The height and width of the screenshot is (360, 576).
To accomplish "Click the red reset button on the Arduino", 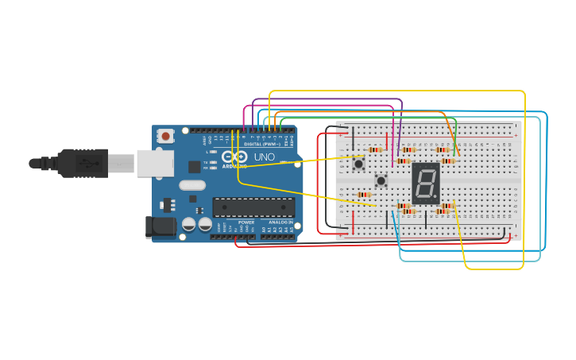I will click(x=165, y=136).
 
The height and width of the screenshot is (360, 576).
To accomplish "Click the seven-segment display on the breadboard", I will click(x=426, y=184).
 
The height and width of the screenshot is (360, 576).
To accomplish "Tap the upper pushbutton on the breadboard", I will click(x=359, y=165).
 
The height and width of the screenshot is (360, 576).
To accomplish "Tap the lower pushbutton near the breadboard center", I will click(x=381, y=180).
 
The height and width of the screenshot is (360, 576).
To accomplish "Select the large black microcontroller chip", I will click(x=253, y=207).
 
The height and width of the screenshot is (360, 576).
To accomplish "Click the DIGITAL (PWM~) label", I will click(x=263, y=144).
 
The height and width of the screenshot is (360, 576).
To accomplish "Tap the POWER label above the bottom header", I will click(x=246, y=222).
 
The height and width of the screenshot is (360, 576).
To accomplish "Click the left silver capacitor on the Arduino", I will click(x=189, y=225).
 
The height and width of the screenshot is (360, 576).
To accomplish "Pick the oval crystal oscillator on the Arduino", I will click(x=192, y=185).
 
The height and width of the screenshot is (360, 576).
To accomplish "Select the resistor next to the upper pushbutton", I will click(x=375, y=149).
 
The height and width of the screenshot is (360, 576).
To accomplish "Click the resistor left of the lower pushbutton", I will click(x=364, y=195).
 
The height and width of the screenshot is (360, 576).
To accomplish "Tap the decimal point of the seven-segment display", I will click(x=436, y=198).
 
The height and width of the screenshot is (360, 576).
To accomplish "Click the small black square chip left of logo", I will click(x=195, y=166).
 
